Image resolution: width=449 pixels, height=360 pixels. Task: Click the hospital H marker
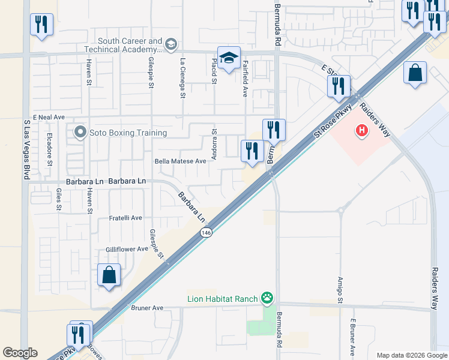(x=361, y=130)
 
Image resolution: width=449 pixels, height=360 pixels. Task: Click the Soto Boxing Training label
(x=128, y=133)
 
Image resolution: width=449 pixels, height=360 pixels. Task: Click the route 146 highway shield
(x=206, y=232)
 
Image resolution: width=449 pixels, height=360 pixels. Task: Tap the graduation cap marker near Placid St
(x=229, y=58)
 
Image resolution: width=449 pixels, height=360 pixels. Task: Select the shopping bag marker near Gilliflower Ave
(x=109, y=275)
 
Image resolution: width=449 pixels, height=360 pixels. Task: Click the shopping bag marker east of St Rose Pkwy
(x=415, y=74)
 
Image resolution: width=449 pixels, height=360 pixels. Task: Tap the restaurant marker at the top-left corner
(x=41, y=25)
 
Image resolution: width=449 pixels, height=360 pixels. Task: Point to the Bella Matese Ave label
(x=180, y=161)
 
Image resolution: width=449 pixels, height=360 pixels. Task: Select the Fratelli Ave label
(x=125, y=218)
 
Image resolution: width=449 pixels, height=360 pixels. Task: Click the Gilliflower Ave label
(x=127, y=249)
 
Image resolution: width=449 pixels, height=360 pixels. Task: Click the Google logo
(x=20, y=353)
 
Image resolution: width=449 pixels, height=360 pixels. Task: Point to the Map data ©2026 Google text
(x=411, y=355)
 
